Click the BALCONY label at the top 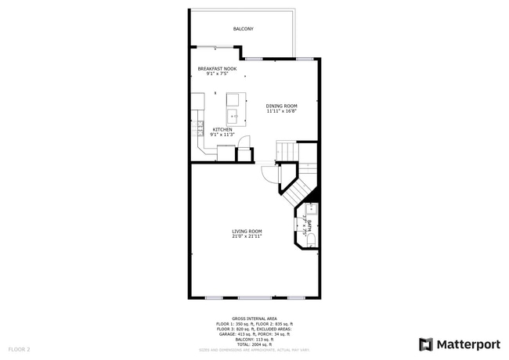[x=243, y=29]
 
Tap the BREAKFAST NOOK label [x=217, y=69]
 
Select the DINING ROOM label [x=281, y=106]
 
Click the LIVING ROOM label [x=246, y=231]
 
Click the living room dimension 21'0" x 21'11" [x=246, y=236]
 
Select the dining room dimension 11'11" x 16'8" [x=281, y=111]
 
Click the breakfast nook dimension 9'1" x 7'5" [x=217, y=74]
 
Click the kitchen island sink [x=233, y=117]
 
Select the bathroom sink [x=311, y=209]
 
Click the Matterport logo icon [x=426, y=344]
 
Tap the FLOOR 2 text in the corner [x=19, y=348]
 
